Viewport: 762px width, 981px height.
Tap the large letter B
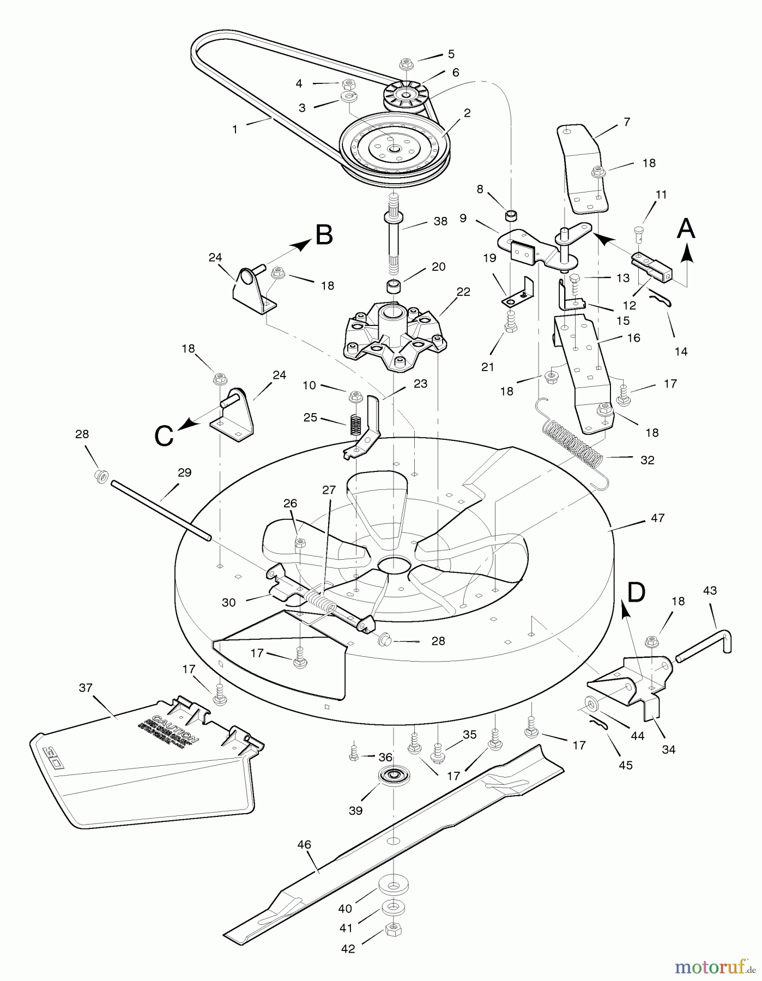324,235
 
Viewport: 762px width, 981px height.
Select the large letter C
164,435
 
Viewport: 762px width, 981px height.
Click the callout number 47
657,518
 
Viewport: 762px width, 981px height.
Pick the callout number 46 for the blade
304,844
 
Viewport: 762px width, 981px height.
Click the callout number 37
86,688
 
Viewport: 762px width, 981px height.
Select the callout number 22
463,292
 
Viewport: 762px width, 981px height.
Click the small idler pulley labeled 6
406,97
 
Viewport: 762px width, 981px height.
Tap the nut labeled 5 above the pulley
408,63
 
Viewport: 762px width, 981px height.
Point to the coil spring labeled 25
355,423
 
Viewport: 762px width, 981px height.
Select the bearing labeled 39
393,776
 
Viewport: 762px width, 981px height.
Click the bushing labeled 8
511,214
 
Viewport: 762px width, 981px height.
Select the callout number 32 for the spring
647,460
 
